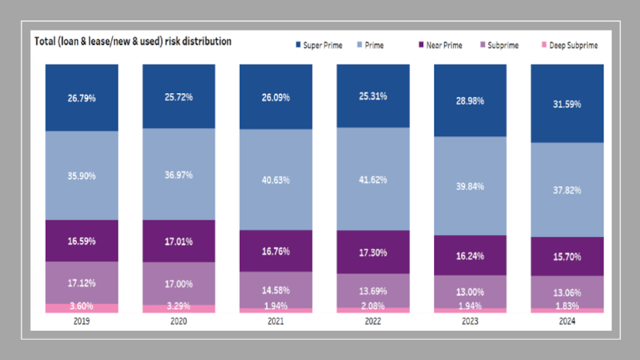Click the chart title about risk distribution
(x=133, y=41)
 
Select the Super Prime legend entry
(x=322, y=45)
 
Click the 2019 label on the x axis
(x=81, y=320)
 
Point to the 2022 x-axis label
(x=372, y=320)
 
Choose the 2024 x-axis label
(x=567, y=320)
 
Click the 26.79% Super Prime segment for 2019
(x=81, y=97)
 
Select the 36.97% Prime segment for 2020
(x=179, y=174)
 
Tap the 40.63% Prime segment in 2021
(x=276, y=180)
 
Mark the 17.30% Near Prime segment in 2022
(x=372, y=252)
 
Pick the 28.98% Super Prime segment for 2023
(x=470, y=100)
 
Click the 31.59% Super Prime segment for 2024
(x=567, y=103)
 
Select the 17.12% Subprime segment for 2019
(x=81, y=282)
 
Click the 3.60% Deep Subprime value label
(x=81, y=306)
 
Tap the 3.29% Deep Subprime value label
(x=179, y=306)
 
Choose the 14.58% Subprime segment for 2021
(x=276, y=289)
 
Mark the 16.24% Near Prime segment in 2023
(x=470, y=255)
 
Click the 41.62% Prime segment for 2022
(x=372, y=178)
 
